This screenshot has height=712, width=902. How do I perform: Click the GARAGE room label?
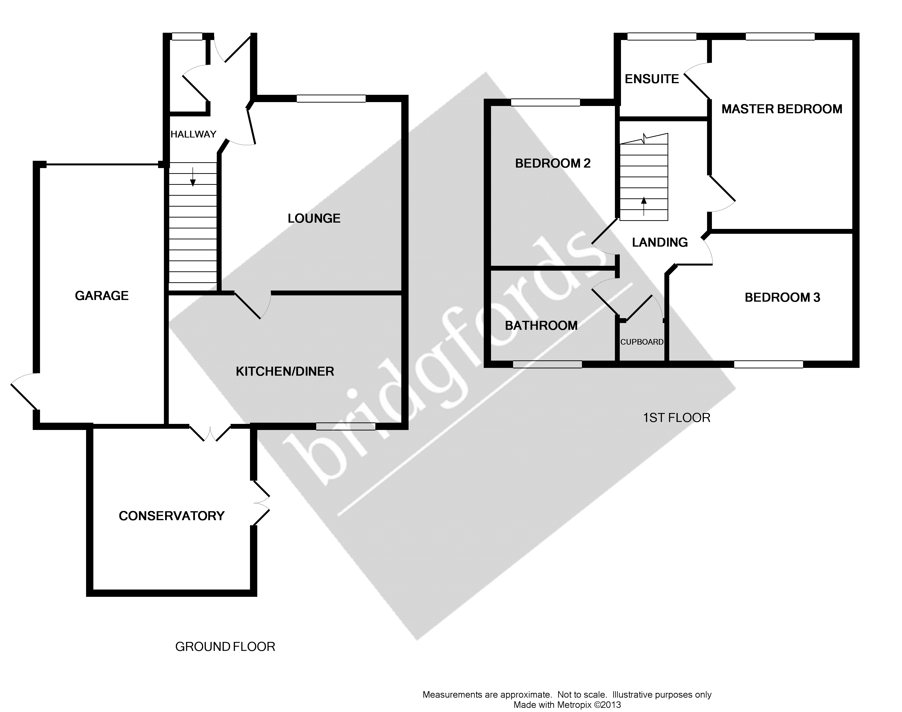pos(102,296)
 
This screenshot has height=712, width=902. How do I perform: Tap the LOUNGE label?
pos(314,218)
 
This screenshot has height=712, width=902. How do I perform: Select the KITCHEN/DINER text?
pos(285,372)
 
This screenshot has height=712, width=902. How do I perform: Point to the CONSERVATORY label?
pos(172,516)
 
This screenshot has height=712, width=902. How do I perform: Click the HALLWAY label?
pos(193,134)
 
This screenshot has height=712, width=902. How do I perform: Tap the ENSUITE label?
pos(652,79)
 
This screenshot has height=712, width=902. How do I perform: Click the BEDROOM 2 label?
pos(553,163)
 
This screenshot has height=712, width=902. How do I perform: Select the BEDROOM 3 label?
pos(782,298)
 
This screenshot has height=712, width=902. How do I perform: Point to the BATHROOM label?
pos(541,326)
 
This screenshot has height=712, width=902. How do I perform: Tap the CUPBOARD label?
pos(642,342)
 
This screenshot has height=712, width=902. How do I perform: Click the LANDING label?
pos(660,242)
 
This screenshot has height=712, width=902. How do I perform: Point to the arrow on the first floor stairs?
pos(644,205)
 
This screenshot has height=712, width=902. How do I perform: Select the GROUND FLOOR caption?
pos(225,647)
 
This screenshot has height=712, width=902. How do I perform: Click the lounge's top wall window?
pos(331,99)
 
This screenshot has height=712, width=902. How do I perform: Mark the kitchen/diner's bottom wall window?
pos(346,426)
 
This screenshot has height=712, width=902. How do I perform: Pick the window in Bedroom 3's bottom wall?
pos(768,364)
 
